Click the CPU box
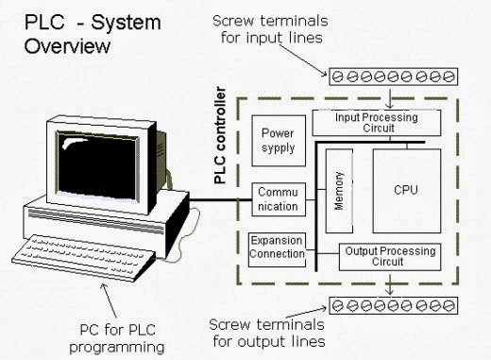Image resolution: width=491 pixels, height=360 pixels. click(x=405, y=191)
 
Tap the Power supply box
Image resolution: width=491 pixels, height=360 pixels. click(x=277, y=140)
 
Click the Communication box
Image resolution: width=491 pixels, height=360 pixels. click(x=277, y=199)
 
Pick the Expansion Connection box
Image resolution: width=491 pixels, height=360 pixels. click(x=277, y=247)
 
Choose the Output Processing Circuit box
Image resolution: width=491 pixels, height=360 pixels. click(x=388, y=257)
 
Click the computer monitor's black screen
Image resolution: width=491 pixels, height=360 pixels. click(x=96, y=150)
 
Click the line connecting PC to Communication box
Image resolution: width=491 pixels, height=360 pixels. click(x=222, y=199)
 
